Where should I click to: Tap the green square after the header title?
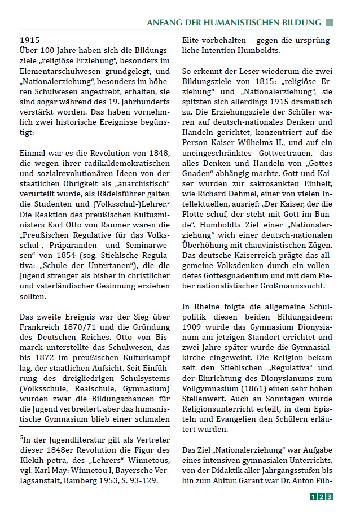tap(330, 23)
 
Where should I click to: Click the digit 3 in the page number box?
tap(329, 496)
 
